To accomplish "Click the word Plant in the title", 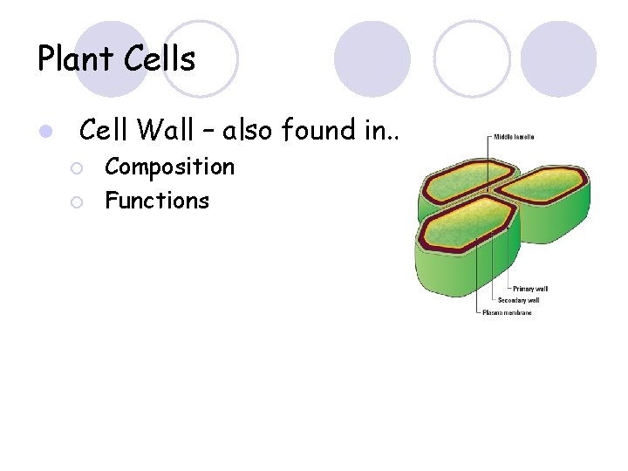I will click(x=75, y=59).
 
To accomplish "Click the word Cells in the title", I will click(x=159, y=59).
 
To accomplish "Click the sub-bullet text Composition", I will click(x=169, y=167).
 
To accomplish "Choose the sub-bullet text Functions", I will click(x=157, y=201).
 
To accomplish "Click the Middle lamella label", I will click(x=514, y=137).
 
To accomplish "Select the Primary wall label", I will click(x=529, y=289).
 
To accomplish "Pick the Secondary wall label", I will click(x=519, y=301).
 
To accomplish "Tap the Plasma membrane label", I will click(x=507, y=312).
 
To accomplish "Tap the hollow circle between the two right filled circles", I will click(x=472, y=58).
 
